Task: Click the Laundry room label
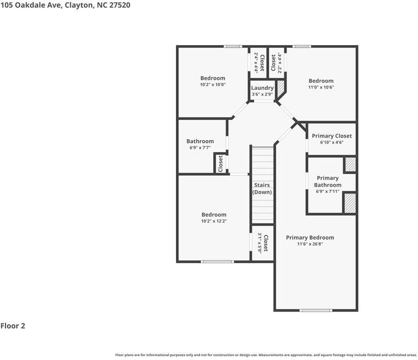pyautogui.click(x=262, y=88)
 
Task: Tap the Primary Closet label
pyautogui.click(x=332, y=136)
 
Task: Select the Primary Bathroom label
pyautogui.click(x=328, y=181)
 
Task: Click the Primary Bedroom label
pyautogui.click(x=310, y=237)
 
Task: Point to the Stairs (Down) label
pyautogui.click(x=262, y=189)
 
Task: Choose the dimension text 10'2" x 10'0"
pyautogui.click(x=212, y=85)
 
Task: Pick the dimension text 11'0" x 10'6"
pyautogui.click(x=321, y=87)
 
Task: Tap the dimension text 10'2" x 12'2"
pyautogui.click(x=213, y=221)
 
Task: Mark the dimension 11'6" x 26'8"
pyautogui.click(x=310, y=244)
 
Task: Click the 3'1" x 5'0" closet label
pyautogui.click(x=263, y=243)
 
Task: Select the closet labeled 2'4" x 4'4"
pyautogui.click(x=258, y=63)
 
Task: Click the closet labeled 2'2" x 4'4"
pyautogui.click(x=276, y=63)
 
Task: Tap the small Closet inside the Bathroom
pyautogui.click(x=221, y=163)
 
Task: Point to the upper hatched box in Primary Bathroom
pyautogui.click(x=350, y=164)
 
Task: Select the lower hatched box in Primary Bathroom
pyautogui.click(x=350, y=203)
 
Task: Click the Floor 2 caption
pyautogui.click(x=13, y=326)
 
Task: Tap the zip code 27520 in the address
pyautogui.click(x=120, y=5)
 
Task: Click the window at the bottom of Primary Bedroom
pyautogui.click(x=316, y=311)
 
